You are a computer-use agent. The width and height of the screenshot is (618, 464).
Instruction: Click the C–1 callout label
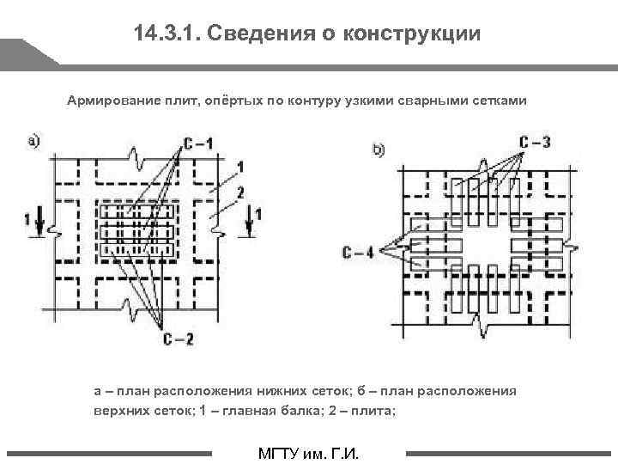[x=198, y=143]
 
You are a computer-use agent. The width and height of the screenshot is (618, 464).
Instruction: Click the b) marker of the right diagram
[x=378, y=150]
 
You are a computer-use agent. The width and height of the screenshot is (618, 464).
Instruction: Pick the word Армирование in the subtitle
[x=109, y=101]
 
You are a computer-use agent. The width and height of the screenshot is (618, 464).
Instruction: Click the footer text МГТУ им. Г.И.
[x=308, y=453]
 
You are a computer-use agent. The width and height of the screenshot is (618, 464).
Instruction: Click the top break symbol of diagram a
[x=135, y=157]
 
